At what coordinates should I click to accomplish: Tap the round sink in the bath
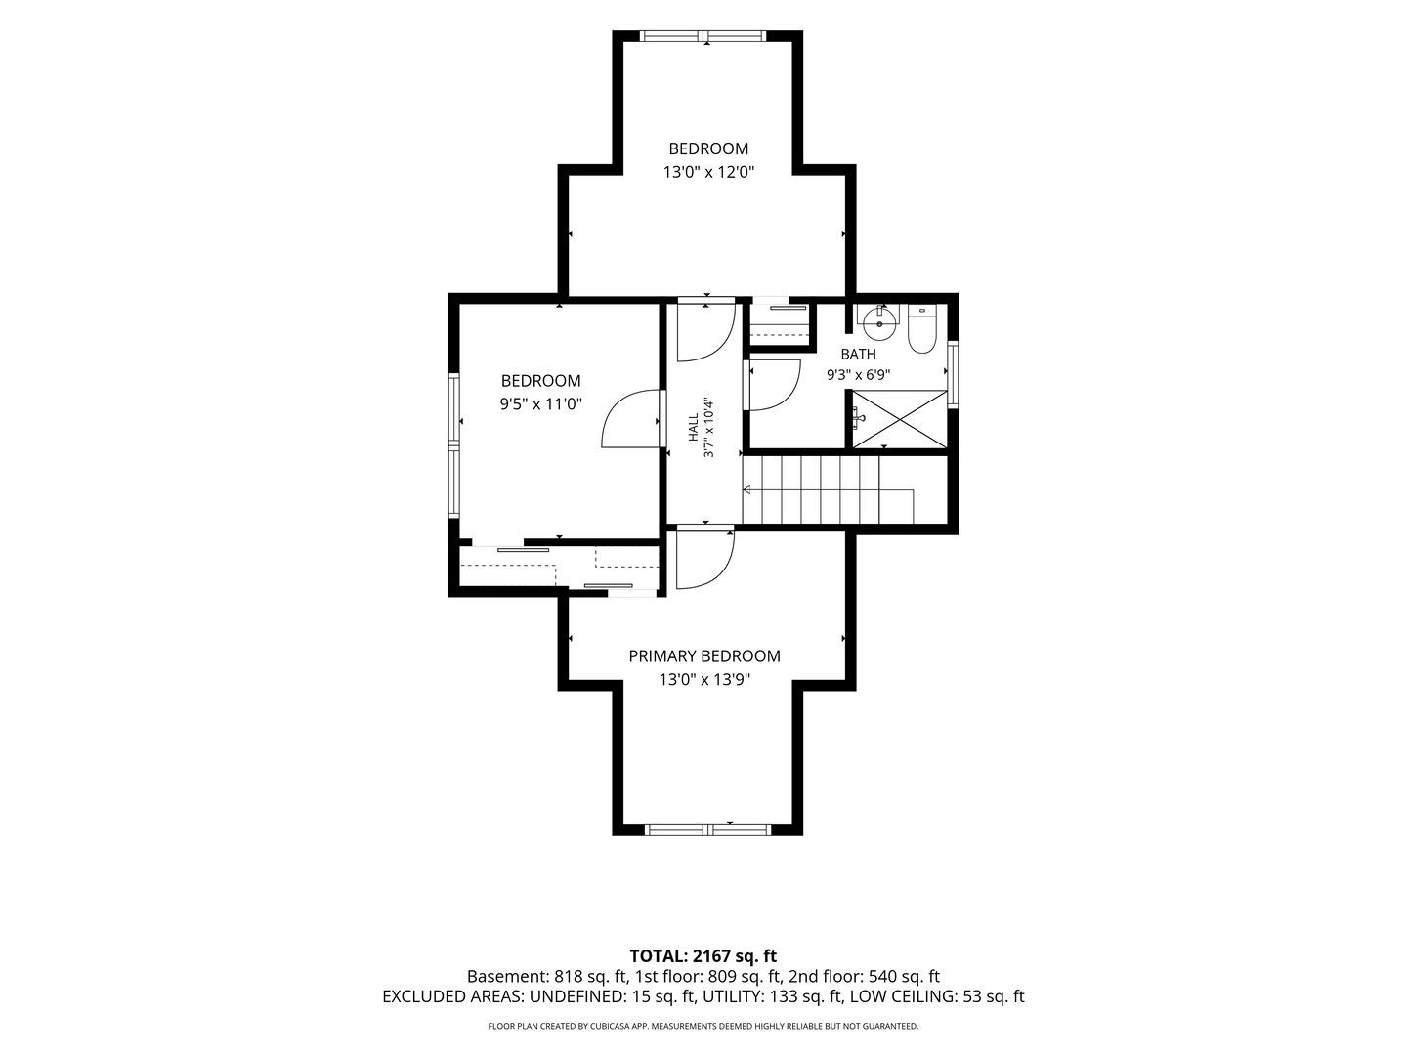(x=879, y=321)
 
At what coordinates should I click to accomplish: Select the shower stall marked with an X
(x=899, y=419)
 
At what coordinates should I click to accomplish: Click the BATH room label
(x=858, y=354)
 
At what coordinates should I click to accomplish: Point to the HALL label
(x=694, y=427)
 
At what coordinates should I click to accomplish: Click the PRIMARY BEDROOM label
(x=704, y=655)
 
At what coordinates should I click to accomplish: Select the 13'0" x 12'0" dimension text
(x=708, y=172)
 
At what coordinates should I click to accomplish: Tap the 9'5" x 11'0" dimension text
(x=541, y=404)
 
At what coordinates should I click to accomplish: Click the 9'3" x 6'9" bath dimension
(x=858, y=375)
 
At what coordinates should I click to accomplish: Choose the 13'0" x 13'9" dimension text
(x=704, y=679)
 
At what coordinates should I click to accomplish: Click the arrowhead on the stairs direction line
(x=746, y=490)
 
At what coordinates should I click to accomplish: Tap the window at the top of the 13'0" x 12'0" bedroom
(x=704, y=36)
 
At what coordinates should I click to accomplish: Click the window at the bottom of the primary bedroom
(x=707, y=830)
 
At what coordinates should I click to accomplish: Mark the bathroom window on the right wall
(x=954, y=374)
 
